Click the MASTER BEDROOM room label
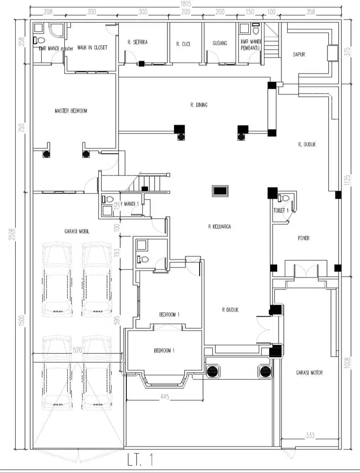[x=71, y=111]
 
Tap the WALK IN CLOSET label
[x=92, y=48]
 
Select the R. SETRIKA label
[x=138, y=43]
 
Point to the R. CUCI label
[x=183, y=44]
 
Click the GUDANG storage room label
[x=220, y=44]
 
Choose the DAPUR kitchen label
[x=299, y=54]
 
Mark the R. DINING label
[x=199, y=105]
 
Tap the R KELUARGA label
[x=220, y=227]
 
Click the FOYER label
[x=304, y=238]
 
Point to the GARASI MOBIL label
[x=77, y=232]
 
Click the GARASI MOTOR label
[x=310, y=373]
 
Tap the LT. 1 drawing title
[x=140, y=460]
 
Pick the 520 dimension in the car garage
[x=78, y=350]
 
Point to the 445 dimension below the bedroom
[x=165, y=396]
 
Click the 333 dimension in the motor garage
[x=310, y=435]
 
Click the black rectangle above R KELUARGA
[x=220, y=191]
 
